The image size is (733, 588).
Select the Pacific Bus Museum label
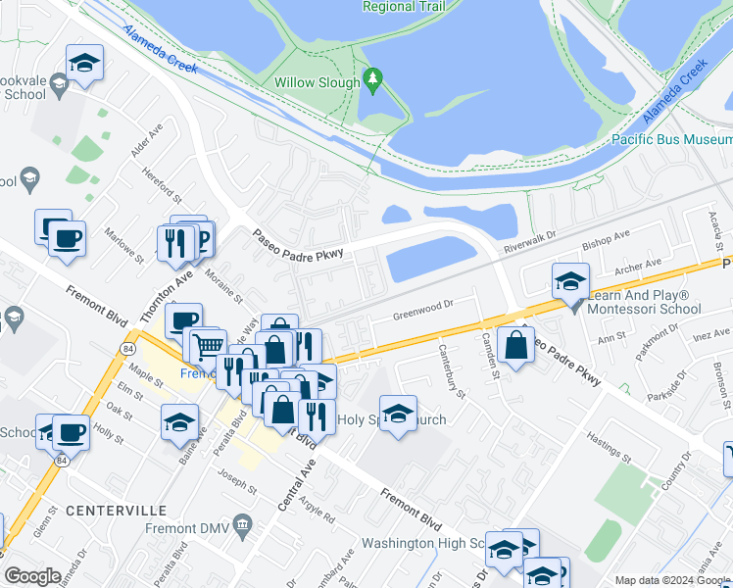point(672,140)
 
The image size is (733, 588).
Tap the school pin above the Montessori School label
point(569,282)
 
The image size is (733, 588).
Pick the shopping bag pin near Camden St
point(515,345)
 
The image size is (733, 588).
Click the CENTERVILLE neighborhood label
point(109,510)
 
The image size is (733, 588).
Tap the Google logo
point(33,576)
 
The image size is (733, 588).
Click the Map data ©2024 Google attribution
point(671,580)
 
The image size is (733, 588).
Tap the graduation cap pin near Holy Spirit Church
point(398,416)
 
